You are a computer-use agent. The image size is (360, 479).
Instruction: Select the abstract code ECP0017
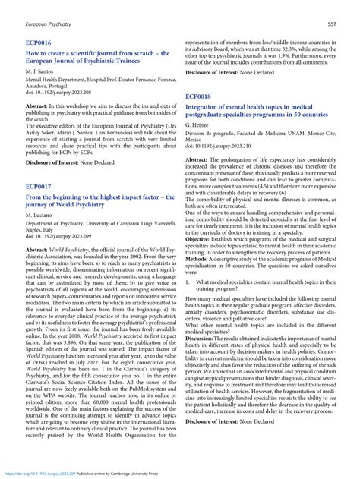pyautogui.click(x=39, y=186)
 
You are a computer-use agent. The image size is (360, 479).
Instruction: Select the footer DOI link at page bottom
pyautogui.click(x=46, y=471)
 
